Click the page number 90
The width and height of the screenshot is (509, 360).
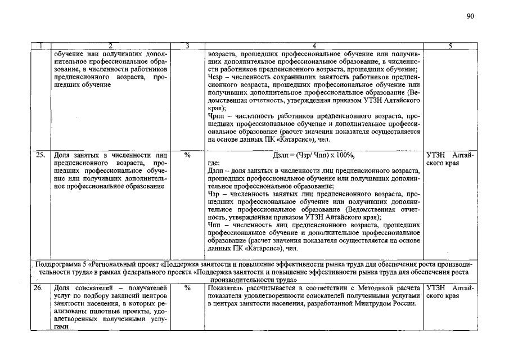click(471, 16)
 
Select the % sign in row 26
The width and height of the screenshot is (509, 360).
click(186, 288)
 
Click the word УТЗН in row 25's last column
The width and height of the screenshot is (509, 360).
click(437, 154)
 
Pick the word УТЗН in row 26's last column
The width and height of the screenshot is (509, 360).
click(437, 288)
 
